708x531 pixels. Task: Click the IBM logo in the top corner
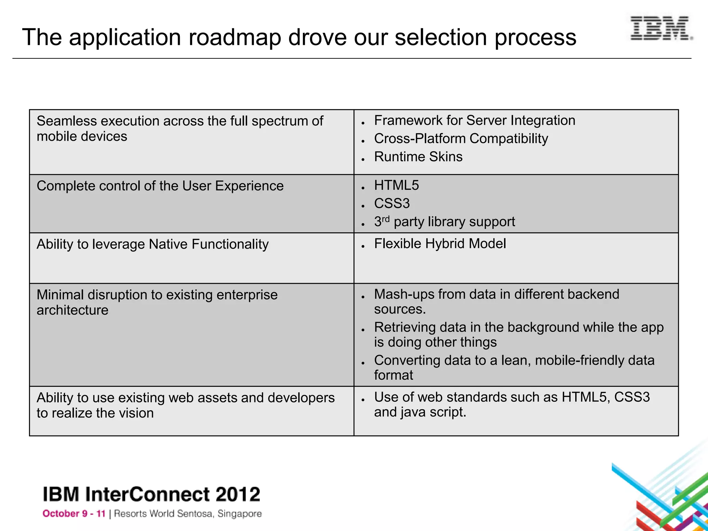(x=661, y=28)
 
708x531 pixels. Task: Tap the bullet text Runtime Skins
(x=418, y=157)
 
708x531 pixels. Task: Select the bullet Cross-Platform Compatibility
(x=461, y=139)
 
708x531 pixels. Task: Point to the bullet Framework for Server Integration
(x=474, y=121)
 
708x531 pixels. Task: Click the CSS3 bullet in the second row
(x=392, y=204)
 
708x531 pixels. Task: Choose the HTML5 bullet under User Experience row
(x=396, y=186)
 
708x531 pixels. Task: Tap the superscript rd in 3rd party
(x=385, y=219)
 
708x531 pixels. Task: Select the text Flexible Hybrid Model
(x=440, y=244)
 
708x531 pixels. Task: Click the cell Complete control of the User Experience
(x=160, y=186)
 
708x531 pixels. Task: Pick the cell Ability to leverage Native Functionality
(x=152, y=244)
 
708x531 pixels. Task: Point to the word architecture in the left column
(x=72, y=310)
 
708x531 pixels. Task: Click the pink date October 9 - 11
(x=74, y=514)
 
